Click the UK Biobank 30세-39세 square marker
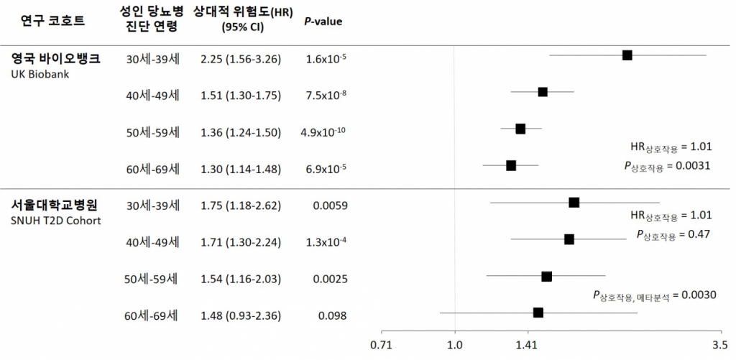click(627, 55)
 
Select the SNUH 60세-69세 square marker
click(538, 313)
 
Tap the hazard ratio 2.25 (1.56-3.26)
click(241, 58)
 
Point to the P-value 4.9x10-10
click(323, 132)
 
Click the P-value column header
click(323, 21)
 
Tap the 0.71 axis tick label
click(382, 345)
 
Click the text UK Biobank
click(40, 74)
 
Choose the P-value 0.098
click(332, 316)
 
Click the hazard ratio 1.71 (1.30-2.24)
click(241, 242)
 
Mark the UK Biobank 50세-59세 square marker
click(520, 129)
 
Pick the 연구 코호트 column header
click(53, 20)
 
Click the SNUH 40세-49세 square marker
click(569, 239)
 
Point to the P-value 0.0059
click(330, 206)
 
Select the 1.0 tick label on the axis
click(454, 345)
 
